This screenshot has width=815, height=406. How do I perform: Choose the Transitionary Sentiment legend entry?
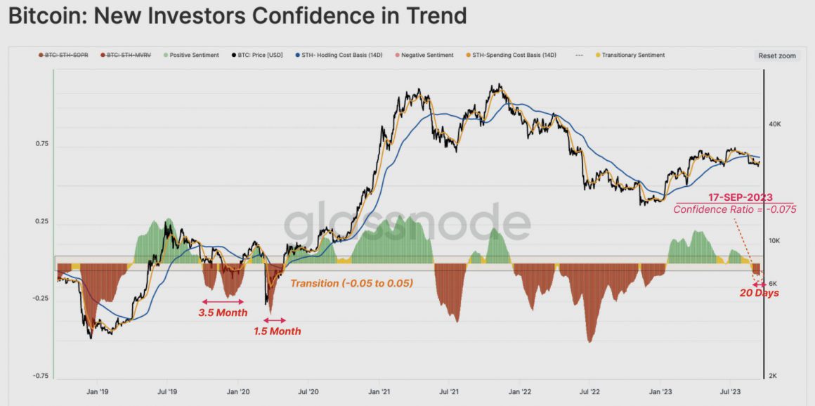(x=630, y=55)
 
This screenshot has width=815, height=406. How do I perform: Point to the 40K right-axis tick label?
(x=776, y=124)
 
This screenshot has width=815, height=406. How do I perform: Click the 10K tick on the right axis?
(x=776, y=241)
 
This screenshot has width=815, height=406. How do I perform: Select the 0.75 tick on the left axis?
(x=41, y=144)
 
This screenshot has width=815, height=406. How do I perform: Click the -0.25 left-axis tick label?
(x=40, y=299)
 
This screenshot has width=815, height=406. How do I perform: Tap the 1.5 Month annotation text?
(x=277, y=331)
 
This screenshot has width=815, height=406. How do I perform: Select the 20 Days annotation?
(x=759, y=293)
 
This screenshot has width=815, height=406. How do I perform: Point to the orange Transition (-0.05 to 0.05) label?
(x=351, y=283)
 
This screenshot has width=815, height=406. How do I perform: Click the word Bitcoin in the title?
(x=45, y=15)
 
